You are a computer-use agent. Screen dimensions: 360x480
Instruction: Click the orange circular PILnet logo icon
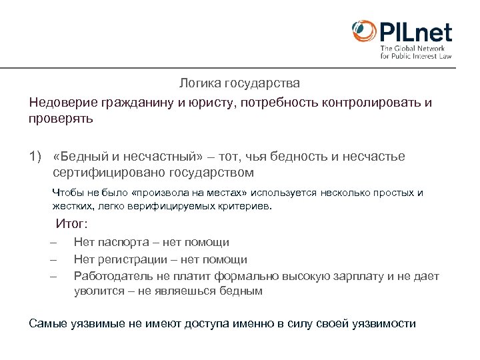[x=364, y=31]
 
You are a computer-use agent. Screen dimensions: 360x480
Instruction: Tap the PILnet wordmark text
[x=415, y=32]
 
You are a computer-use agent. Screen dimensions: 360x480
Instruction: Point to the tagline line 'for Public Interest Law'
[x=416, y=57]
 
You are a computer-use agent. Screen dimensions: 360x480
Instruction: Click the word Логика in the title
[x=201, y=84]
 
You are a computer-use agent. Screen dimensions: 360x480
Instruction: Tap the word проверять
[x=61, y=119]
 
